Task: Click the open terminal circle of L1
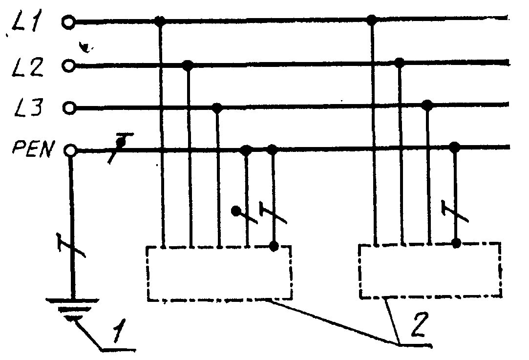pos(68,22)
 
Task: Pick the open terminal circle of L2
pos(69,65)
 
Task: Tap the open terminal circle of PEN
pos(70,150)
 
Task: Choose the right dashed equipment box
pos(430,270)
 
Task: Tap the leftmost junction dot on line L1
pos(159,21)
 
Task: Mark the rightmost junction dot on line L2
pos(400,62)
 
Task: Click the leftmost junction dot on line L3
pos(218,106)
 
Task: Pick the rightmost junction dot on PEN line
pos(455,146)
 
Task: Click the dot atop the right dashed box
pos(457,242)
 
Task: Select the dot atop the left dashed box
pos(275,245)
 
